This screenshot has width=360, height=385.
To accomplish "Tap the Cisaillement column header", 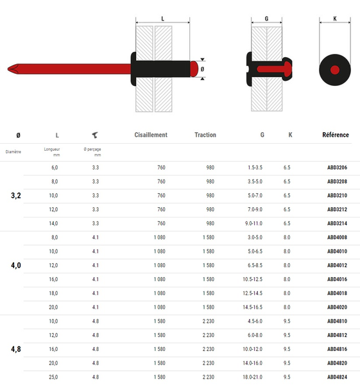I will (151, 135).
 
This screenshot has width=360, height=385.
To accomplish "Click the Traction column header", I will (205, 135).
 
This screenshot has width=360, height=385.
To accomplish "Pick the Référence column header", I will (336, 135).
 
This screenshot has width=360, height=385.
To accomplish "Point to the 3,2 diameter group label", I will (16, 195).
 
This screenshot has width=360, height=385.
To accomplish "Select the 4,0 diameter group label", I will (16, 265).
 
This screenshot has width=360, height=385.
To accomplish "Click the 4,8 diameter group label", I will (16, 349).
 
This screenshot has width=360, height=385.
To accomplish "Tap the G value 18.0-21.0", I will (254, 377).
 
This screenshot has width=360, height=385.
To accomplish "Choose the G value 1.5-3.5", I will (255, 167).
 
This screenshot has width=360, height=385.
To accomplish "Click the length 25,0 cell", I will (55, 377).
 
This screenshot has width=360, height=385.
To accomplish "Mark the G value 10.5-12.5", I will (254, 279).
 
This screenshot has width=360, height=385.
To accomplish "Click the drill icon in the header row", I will (95, 135).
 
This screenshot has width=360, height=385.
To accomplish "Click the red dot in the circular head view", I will (334, 69).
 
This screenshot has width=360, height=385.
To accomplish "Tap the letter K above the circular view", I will (335, 19).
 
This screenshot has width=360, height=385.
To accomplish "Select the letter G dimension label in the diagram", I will (266, 19).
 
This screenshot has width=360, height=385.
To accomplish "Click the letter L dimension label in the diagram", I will (162, 19).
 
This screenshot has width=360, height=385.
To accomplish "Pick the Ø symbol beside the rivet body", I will (203, 68).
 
